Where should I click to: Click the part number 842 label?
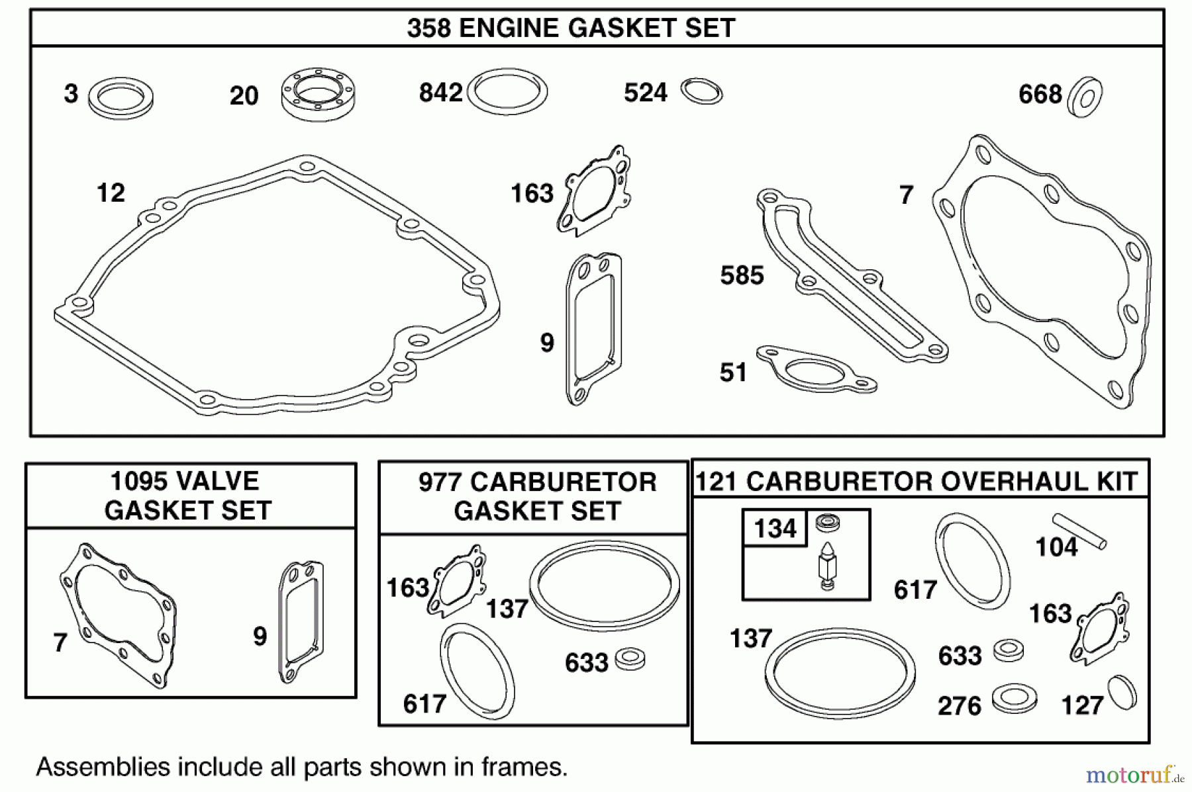[x=440, y=93]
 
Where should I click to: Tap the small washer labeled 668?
[x=1085, y=97]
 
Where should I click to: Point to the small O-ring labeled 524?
[x=702, y=91]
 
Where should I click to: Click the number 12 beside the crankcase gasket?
[x=111, y=193]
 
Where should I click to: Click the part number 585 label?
[x=742, y=275]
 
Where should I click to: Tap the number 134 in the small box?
[x=775, y=528]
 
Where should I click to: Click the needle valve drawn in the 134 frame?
[x=827, y=566]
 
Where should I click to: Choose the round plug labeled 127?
[x=1122, y=693]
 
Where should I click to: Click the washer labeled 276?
[x=1014, y=698]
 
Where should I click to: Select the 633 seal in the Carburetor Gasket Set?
[x=630, y=659]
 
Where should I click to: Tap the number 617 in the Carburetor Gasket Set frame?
[x=424, y=704]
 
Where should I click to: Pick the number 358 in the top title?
[x=428, y=28]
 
